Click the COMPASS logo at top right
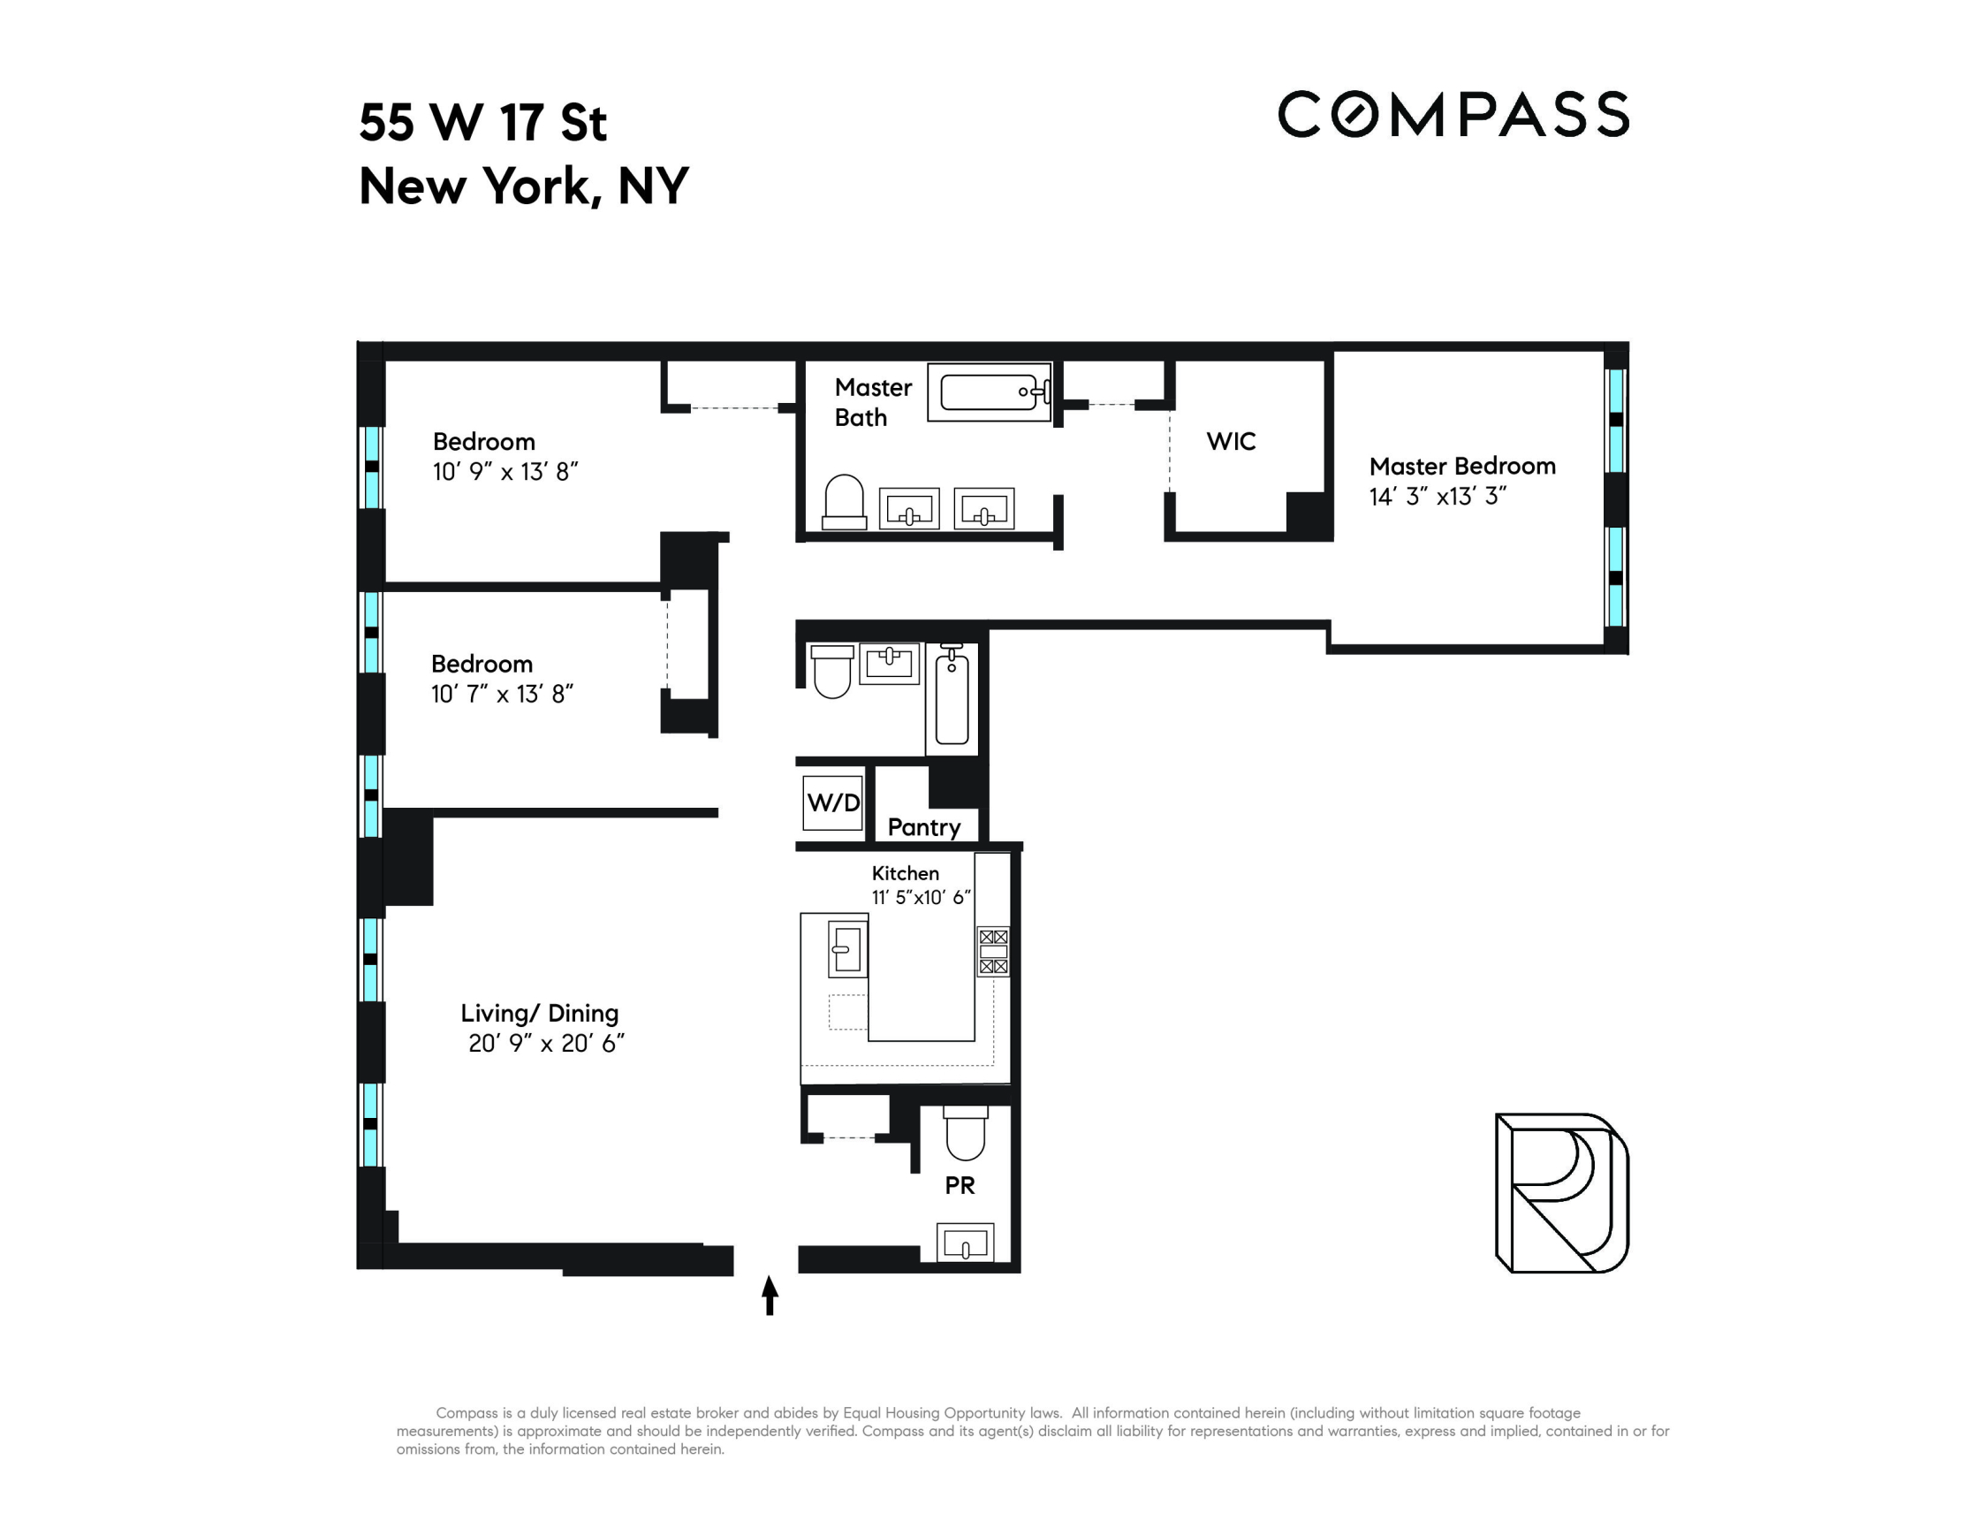(1453, 115)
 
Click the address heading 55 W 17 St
(482, 122)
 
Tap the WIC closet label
(1231, 442)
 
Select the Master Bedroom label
(1462, 466)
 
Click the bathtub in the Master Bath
(990, 392)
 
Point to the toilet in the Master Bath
(844, 502)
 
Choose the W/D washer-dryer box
(833, 802)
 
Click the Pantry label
(924, 826)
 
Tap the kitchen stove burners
(993, 952)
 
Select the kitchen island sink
(847, 950)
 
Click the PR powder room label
(960, 1185)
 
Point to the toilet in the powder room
(965, 1133)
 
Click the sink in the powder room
(965, 1243)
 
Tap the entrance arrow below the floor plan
(770, 1295)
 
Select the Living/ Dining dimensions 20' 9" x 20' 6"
(546, 1044)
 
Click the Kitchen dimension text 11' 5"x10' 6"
(922, 898)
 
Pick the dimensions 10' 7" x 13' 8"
(502, 695)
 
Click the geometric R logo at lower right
(1562, 1193)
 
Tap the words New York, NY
(524, 186)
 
